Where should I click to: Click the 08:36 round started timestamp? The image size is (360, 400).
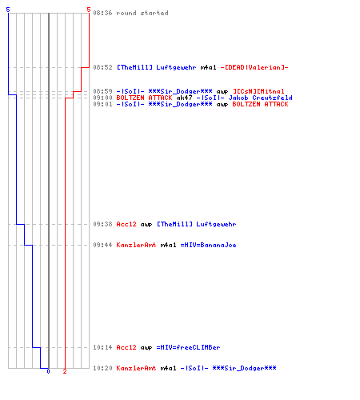tap(102, 13)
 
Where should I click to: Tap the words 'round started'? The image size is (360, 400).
tap(142, 13)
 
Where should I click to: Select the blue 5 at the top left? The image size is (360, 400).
tap(8, 10)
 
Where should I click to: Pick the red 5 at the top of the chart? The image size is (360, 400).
tap(89, 10)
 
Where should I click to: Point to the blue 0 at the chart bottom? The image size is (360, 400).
tap(48, 371)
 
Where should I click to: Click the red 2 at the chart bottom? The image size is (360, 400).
tap(65, 371)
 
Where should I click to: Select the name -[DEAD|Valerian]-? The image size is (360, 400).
tap(254, 67)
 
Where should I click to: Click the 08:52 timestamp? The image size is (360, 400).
tap(102, 67)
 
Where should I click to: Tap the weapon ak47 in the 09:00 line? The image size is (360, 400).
tap(184, 98)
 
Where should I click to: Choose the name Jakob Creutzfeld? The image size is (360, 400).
tap(260, 98)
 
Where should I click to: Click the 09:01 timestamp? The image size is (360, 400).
tap(102, 104)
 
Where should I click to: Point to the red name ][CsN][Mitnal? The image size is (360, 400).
tap(258, 91)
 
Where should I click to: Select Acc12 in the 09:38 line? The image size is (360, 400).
tap(126, 224)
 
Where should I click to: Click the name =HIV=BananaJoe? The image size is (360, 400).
tap(208, 245)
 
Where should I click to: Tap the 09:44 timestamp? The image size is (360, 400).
tap(102, 245)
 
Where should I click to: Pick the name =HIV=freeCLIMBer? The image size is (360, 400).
tap(188, 347)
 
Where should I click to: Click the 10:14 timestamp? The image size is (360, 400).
tap(102, 347)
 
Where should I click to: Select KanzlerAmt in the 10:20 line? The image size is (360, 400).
tap(136, 368)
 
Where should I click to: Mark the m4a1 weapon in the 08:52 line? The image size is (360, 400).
tap(208, 67)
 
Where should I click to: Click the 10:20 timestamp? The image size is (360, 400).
tap(102, 368)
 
